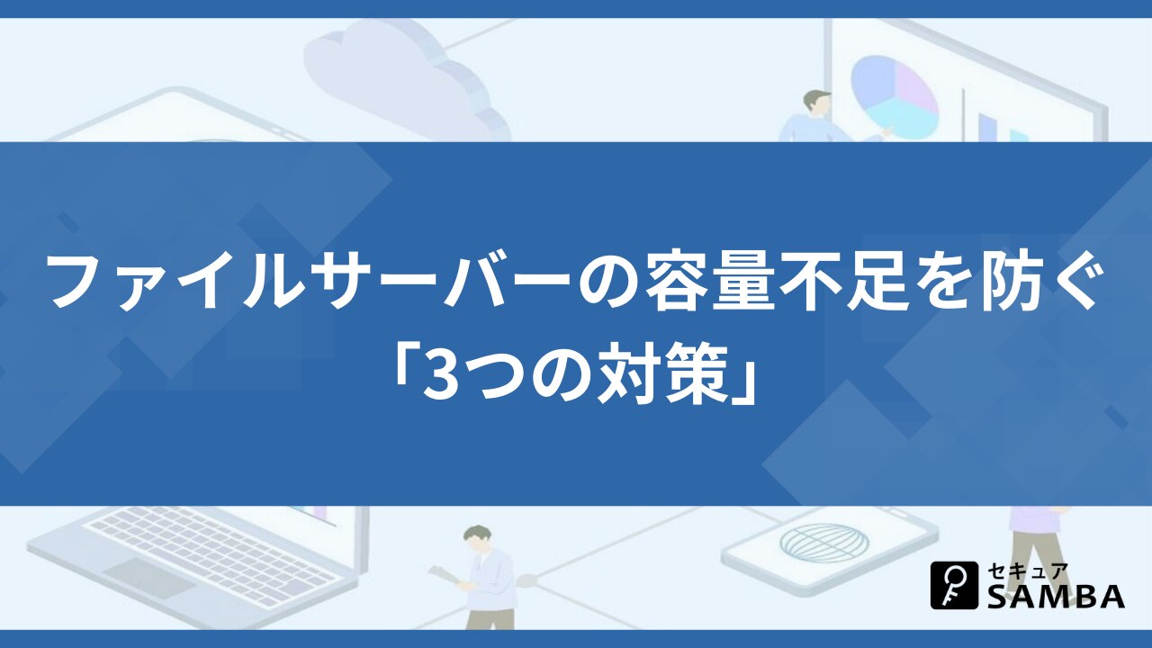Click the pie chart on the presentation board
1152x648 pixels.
pos(894,98)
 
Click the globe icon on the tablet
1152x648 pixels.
pos(823,543)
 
